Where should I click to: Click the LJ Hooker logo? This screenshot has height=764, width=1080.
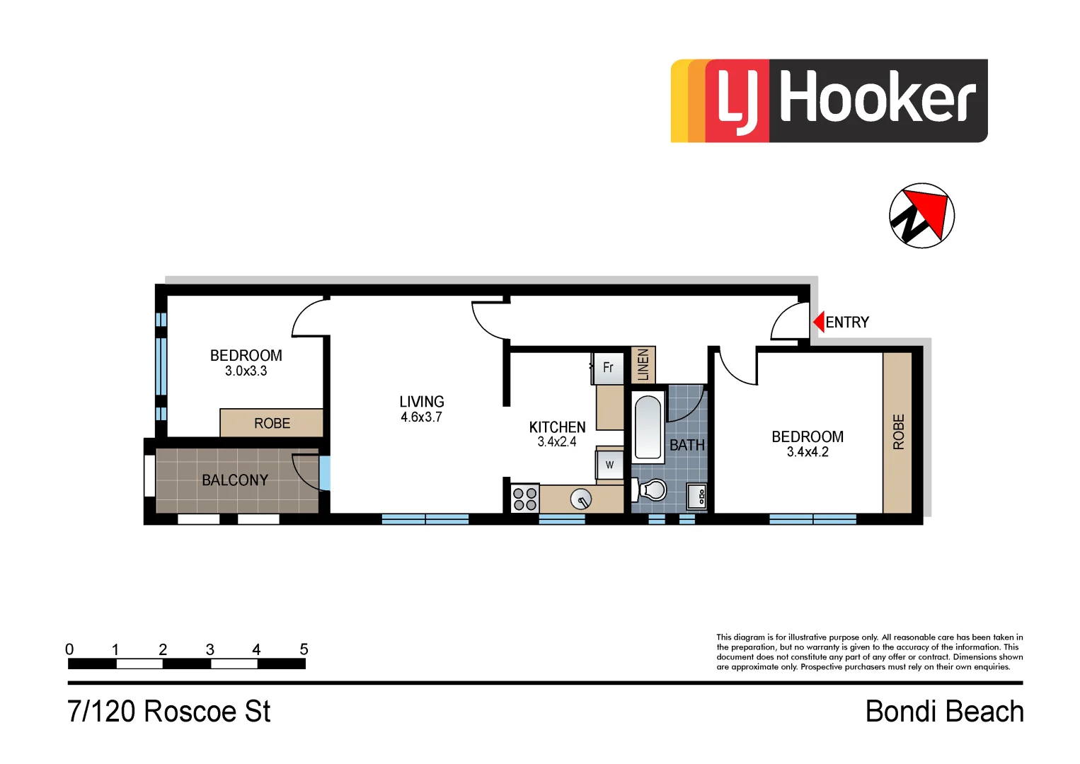point(829,100)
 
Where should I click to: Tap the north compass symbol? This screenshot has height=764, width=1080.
point(921,216)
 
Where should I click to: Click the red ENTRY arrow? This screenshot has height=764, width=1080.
point(818,322)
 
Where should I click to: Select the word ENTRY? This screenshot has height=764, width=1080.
point(847,323)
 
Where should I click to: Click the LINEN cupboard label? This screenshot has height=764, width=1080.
point(643,365)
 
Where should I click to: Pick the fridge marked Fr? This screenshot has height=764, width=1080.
point(607,368)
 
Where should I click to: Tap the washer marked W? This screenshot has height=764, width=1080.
point(609,465)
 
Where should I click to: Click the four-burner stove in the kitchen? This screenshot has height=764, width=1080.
point(524,499)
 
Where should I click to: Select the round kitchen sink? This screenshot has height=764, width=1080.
point(580,500)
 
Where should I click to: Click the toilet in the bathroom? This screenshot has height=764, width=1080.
point(653,490)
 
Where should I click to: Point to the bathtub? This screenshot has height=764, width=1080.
point(648,427)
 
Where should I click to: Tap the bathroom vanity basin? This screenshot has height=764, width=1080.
point(697,496)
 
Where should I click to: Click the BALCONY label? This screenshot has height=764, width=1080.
point(235,480)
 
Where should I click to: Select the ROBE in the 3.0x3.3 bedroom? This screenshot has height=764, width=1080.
point(272,423)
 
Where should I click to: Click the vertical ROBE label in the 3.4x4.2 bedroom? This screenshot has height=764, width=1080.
point(898,432)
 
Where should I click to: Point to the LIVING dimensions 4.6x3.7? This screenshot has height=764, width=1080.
point(421,417)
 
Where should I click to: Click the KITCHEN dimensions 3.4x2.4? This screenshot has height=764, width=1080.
point(557,442)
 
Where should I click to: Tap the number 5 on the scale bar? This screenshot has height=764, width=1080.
point(304,649)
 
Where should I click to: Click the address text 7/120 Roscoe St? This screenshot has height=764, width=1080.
point(168,712)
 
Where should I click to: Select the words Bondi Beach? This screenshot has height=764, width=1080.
point(944,712)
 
